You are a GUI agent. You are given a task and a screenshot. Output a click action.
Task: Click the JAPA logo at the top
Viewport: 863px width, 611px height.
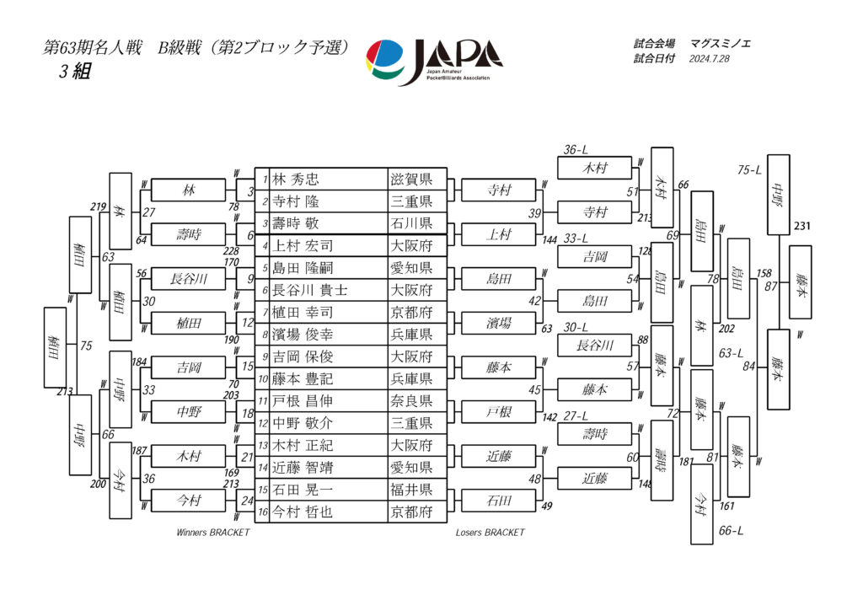(x=434, y=58)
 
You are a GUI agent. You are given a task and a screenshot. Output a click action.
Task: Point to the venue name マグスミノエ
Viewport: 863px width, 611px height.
(x=723, y=43)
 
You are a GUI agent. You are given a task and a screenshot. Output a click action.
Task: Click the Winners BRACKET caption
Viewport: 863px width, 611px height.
(x=212, y=533)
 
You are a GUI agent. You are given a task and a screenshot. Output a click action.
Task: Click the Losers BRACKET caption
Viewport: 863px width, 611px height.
(x=490, y=533)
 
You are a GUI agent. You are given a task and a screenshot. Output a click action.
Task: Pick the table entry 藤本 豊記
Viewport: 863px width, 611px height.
(x=303, y=378)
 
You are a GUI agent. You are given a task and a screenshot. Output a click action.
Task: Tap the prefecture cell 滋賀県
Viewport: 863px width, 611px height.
(x=410, y=180)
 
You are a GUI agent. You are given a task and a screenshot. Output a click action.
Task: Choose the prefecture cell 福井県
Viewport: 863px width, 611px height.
(x=410, y=489)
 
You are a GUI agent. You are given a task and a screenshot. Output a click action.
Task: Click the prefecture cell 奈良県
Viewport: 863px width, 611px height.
(x=410, y=400)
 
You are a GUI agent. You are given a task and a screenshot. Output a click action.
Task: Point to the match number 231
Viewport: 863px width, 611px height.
(x=802, y=227)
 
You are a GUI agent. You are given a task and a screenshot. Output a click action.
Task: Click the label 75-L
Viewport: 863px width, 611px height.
(x=749, y=169)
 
